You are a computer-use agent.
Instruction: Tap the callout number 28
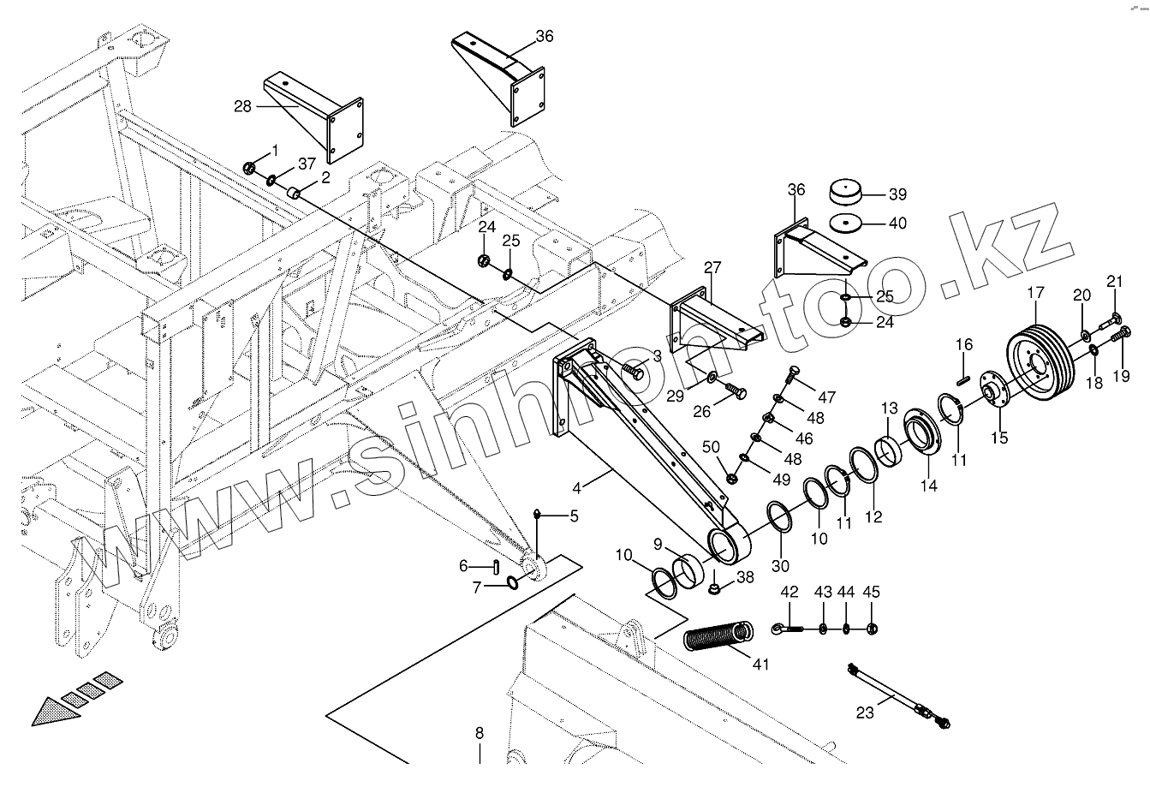242,106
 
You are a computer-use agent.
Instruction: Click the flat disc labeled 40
847,224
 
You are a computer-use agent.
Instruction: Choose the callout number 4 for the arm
577,488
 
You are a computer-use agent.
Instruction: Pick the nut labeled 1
249,168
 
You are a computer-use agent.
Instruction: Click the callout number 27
712,266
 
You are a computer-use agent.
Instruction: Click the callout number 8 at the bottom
480,733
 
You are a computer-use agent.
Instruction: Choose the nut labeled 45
871,629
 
